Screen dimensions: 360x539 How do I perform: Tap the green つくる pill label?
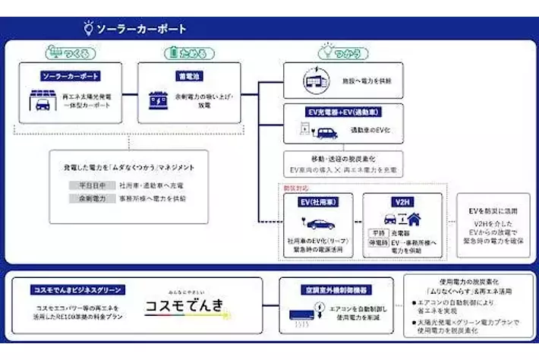[71, 53]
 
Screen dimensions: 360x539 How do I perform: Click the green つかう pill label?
[342, 53]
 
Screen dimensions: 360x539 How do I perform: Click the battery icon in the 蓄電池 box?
[159, 99]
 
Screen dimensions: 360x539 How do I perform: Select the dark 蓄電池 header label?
[189, 77]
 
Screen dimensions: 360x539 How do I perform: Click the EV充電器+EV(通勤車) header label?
[342, 110]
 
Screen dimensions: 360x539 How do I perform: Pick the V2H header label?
[402, 201]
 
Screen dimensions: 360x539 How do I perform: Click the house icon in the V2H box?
[415, 218]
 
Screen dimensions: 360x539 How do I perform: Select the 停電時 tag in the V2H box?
[378, 243]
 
